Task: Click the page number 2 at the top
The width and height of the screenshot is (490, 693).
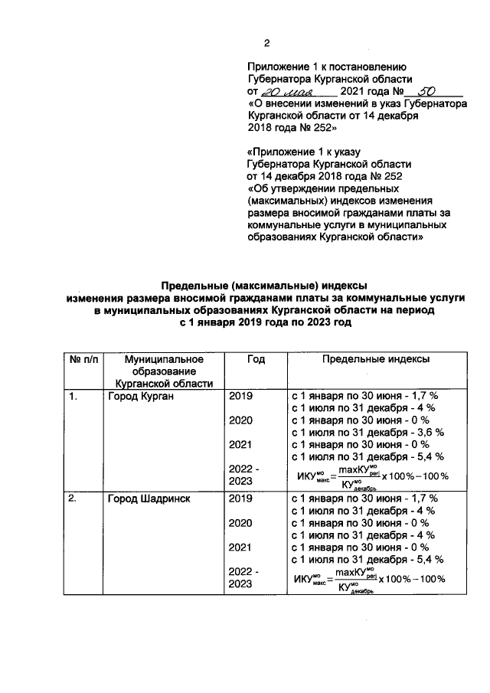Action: [x=266, y=43]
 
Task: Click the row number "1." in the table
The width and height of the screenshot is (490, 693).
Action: [x=73, y=397]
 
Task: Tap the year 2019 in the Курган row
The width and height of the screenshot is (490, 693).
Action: [x=240, y=397]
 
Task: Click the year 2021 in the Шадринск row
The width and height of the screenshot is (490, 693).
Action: [x=240, y=548]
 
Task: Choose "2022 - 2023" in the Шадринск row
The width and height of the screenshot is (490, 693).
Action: [x=244, y=578]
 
